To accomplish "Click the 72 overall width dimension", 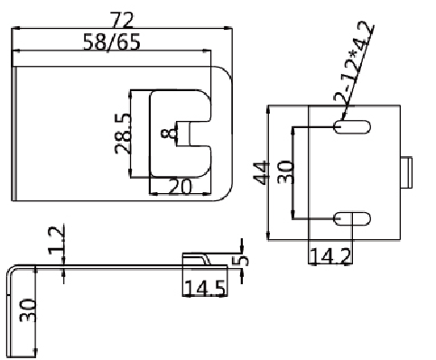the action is (x=122, y=20).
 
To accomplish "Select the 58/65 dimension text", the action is (x=112, y=42).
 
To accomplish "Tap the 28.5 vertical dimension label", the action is (x=123, y=134).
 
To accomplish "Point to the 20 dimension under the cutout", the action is (x=180, y=187).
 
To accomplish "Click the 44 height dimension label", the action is (x=261, y=172).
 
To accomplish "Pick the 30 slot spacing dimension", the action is (x=285, y=172).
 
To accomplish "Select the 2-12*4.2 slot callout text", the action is (x=354, y=61).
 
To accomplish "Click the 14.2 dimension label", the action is (x=330, y=256).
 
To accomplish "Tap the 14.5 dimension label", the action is (x=205, y=288).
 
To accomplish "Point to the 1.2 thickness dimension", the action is (x=57, y=241).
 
